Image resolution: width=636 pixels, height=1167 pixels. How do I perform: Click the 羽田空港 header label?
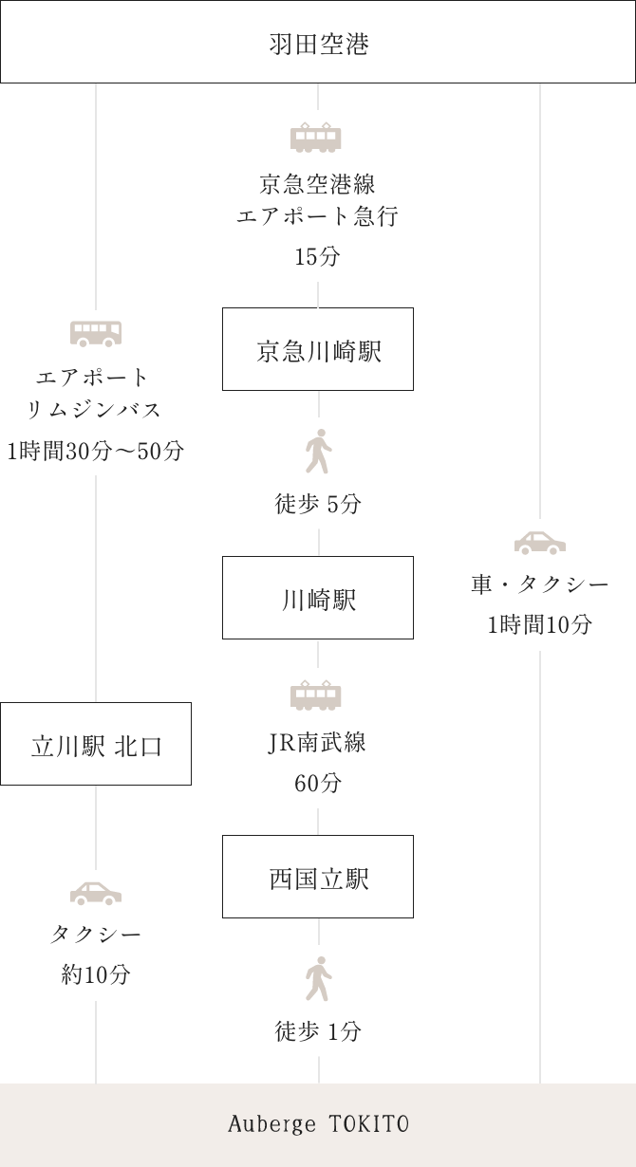(x=318, y=44)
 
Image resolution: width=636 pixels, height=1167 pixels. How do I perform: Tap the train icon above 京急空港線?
(x=316, y=139)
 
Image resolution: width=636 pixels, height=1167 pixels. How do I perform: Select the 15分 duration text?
(x=317, y=257)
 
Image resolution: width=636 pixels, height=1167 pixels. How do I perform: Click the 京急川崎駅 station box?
(x=318, y=350)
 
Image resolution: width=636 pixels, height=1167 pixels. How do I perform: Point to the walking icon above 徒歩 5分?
(x=318, y=452)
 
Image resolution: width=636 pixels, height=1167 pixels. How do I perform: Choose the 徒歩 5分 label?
(x=318, y=505)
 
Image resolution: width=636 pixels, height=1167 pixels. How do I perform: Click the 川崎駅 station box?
(x=318, y=599)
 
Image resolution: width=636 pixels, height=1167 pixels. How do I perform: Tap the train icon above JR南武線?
(x=316, y=695)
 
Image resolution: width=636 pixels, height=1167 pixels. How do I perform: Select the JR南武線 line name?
(x=317, y=743)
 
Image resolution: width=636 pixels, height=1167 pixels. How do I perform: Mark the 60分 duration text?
(x=317, y=784)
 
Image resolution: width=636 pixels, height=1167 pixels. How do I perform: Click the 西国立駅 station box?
(x=318, y=878)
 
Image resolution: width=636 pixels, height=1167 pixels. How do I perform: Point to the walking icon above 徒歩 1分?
(x=318, y=979)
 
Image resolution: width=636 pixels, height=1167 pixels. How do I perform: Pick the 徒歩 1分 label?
(x=318, y=1031)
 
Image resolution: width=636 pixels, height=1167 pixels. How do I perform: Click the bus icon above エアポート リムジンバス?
(x=96, y=333)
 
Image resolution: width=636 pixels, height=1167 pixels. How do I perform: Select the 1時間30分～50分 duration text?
(x=95, y=452)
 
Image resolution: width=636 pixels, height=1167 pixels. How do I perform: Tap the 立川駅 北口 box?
(x=96, y=745)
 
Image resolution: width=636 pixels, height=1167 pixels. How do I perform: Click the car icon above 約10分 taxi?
(x=96, y=894)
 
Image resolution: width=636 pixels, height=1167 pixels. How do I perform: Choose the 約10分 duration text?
(x=96, y=974)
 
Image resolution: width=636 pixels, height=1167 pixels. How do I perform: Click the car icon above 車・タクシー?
(x=540, y=543)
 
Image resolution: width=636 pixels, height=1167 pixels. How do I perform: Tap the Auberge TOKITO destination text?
(x=318, y=1125)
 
